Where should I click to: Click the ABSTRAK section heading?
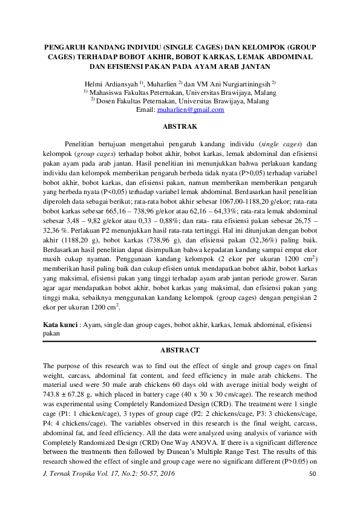[180, 128]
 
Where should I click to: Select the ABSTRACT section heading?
[180, 350]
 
